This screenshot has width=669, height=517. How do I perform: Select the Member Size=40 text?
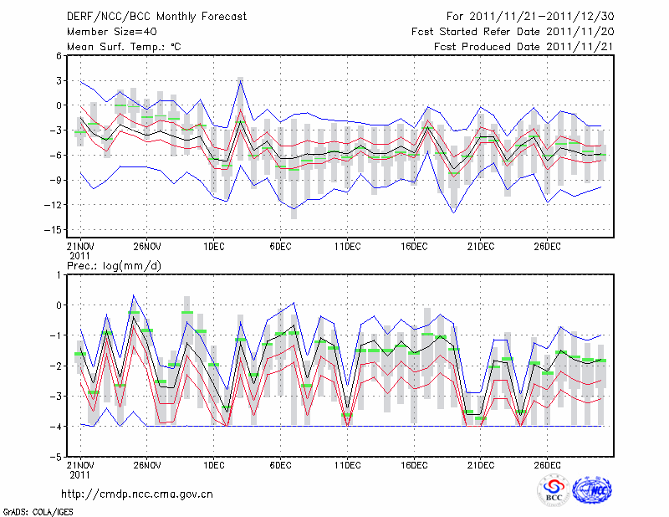point(106,31)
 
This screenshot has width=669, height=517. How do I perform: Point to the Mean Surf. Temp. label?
point(124,47)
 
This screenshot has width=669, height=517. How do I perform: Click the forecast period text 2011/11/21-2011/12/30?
point(529,16)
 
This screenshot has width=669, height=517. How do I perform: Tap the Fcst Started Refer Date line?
point(513,31)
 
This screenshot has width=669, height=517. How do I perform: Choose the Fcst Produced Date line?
point(523,47)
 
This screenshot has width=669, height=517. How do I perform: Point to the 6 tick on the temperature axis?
point(59,56)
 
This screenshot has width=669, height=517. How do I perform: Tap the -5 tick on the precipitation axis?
point(57,458)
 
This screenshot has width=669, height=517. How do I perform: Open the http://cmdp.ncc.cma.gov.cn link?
point(137,494)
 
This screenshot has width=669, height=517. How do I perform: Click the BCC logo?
point(553,491)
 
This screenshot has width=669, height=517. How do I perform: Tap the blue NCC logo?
point(591,490)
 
